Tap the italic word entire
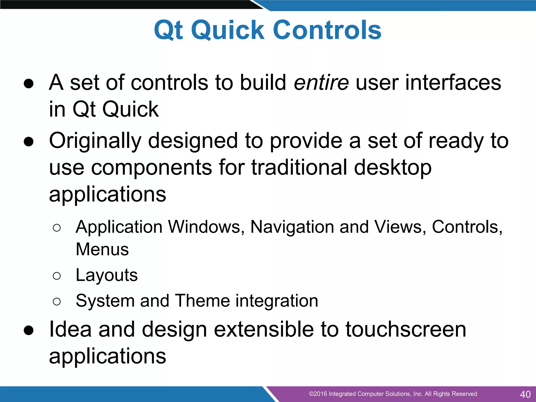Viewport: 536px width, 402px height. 321,83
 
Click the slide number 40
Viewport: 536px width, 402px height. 525,394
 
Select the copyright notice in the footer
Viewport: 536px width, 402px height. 393,394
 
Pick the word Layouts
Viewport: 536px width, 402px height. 107,275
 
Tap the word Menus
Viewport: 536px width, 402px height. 102,249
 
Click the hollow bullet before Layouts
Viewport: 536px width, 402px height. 57,276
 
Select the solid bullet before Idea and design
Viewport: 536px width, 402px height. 29,330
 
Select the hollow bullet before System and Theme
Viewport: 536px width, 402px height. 57,301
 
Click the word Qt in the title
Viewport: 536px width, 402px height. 168,31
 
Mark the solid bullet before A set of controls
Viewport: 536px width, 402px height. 29,84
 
